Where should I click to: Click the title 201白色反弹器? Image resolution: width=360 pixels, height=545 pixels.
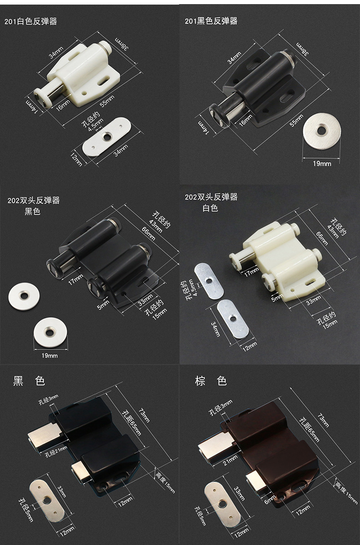click(x=31, y=21)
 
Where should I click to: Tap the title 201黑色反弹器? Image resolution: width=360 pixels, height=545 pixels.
click(x=211, y=21)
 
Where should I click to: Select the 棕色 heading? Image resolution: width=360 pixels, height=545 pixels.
click(x=211, y=381)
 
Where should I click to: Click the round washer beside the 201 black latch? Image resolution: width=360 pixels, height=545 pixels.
click(x=322, y=131)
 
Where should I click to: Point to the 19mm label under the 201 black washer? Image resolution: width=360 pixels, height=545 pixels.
click(x=322, y=163)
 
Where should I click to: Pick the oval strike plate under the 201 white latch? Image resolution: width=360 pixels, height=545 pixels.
click(x=107, y=137)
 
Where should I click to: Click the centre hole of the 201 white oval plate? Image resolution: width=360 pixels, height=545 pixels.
click(x=107, y=137)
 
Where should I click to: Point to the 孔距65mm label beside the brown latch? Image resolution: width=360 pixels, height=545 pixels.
click(x=309, y=429)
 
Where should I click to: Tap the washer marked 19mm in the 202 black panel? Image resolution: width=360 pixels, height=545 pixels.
click(x=51, y=332)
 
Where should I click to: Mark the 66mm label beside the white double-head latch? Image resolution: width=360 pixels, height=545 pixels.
click(x=322, y=238)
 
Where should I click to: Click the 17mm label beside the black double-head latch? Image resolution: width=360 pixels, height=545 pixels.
click(x=76, y=279)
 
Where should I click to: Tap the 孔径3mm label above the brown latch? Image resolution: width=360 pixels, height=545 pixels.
click(x=220, y=408)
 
